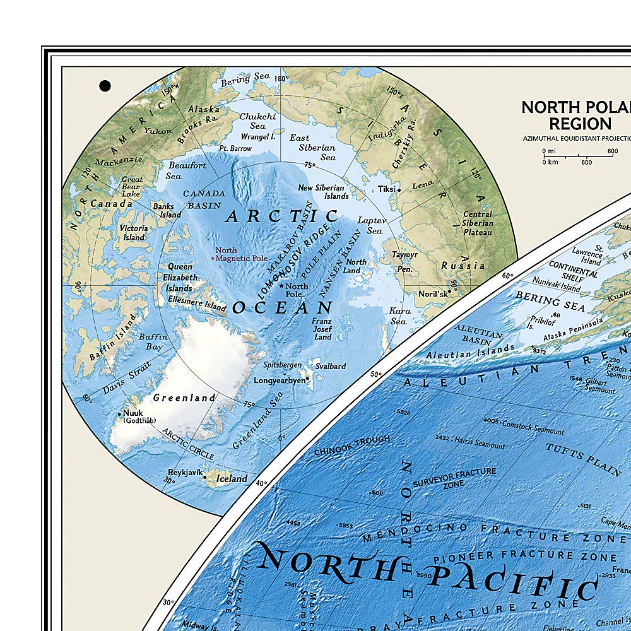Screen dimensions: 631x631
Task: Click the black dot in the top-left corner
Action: click(105, 85)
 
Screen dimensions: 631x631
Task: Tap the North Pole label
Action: click(296, 290)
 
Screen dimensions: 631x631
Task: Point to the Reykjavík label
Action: click(184, 472)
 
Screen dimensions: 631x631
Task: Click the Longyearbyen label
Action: click(280, 380)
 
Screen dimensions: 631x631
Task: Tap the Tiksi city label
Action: click(386, 189)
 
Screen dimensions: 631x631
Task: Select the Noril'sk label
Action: click(433, 294)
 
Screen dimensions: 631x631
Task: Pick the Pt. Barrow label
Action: click(235, 149)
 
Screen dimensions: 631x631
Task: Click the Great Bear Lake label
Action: click(132, 187)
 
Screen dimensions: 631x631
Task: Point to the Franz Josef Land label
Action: click(322, 329)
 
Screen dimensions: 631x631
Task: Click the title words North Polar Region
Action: click(575, 115)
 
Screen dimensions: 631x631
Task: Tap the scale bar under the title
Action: click(577, 156)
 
